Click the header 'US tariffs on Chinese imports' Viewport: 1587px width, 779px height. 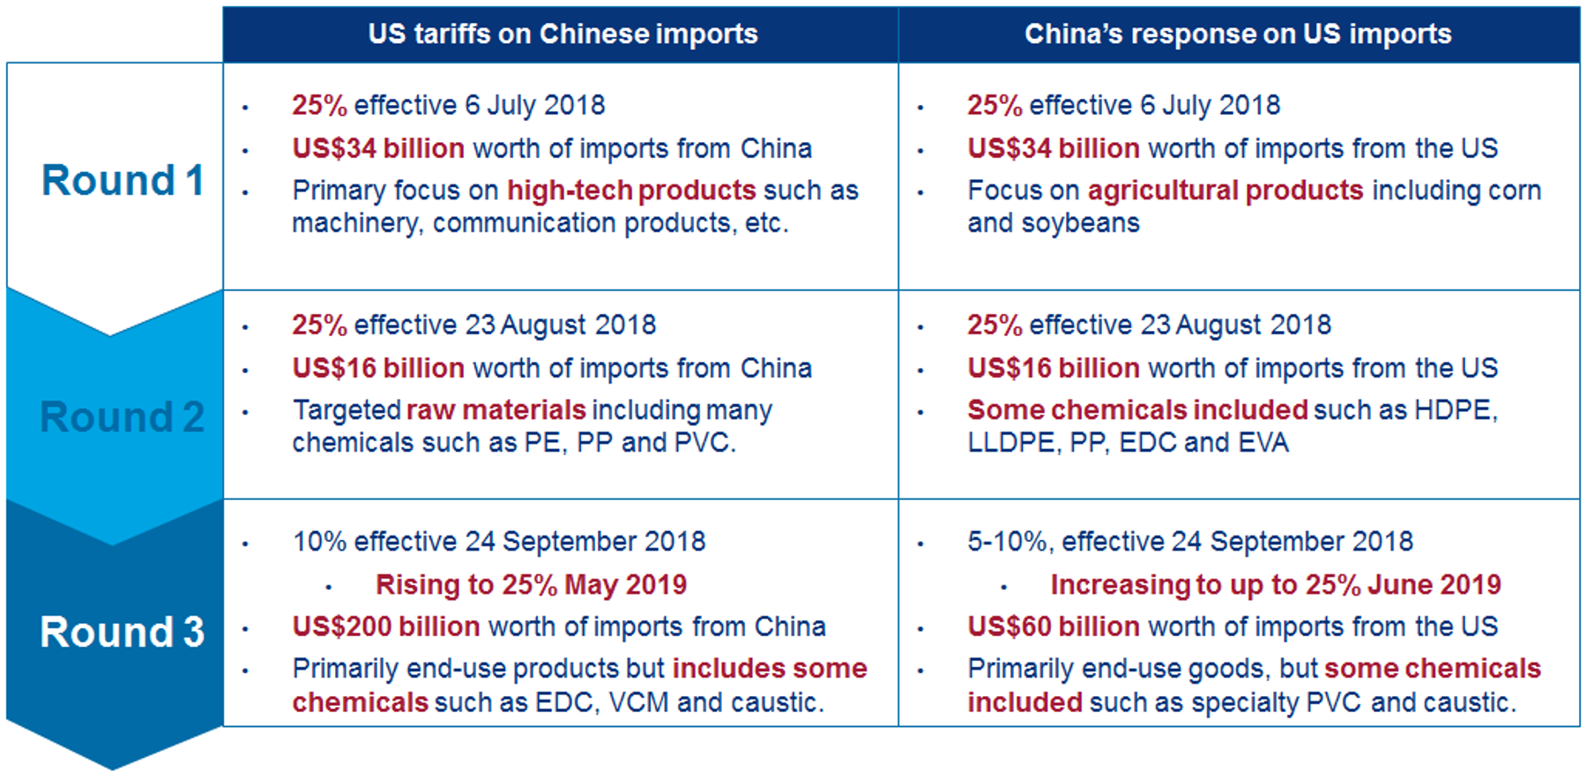tap(563, 34)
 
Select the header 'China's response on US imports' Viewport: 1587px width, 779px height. tap(1237, 34)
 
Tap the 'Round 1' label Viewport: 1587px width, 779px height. tap(123, 181)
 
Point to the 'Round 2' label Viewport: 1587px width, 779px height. tap(123, 416)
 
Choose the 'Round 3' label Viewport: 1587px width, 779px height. tap(123, 632)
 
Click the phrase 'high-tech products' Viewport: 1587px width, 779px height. tap(631, 191)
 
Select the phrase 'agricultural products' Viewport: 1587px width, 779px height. tap(1226, 191)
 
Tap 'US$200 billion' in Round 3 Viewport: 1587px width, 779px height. tap(386, 626)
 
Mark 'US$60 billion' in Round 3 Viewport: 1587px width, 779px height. tap(1054, 626)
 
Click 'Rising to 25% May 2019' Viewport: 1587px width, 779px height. tap(531, 585)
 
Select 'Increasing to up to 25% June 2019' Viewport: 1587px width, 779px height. tap(1275, 585)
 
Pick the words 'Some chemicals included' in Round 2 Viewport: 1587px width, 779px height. tap(1137, 410)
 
